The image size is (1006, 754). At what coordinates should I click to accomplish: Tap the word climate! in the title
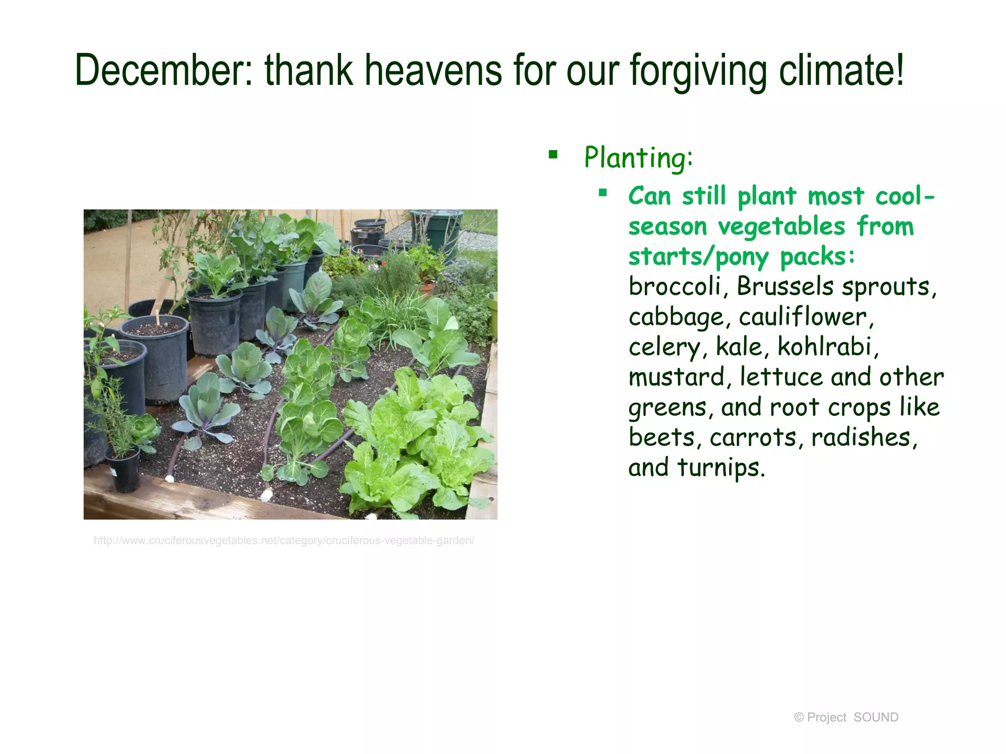click(841, 70)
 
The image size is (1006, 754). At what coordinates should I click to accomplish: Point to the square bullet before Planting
click(554, 155)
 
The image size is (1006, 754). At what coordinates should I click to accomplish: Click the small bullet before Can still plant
click(603, 193)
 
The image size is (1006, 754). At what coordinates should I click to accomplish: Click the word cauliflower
click(806, 317)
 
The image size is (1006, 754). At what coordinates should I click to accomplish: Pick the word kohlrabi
click(828, 347)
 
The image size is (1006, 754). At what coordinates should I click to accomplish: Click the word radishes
click(864, 437)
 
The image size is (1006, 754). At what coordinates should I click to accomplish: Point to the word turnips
click(721, 467)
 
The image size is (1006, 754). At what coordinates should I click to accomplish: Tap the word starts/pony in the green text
click(698, 257)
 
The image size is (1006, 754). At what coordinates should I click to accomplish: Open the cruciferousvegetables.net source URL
click(284, 540)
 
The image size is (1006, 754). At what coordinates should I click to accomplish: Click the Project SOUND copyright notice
click(846, 717)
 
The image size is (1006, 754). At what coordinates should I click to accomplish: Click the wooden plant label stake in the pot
click(158, 318)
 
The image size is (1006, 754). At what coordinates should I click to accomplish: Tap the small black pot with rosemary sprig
click(123, 471)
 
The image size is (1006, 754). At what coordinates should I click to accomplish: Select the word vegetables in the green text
click(781, 227)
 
